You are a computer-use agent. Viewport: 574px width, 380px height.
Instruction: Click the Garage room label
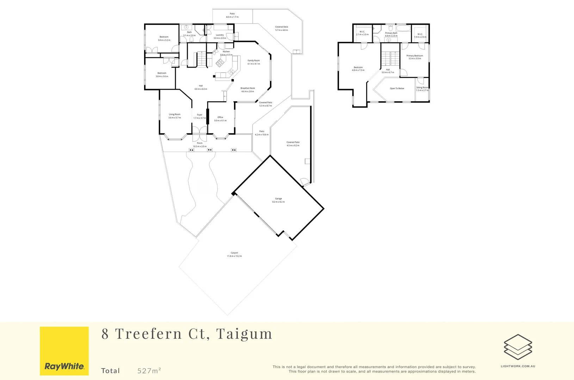pyautogui.click(x=278, y=199)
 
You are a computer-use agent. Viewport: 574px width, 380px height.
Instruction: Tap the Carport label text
pyautogui.click(x=234, y=253)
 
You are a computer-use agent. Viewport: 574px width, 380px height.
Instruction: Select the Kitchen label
pyautogui.click(x=226, y=52)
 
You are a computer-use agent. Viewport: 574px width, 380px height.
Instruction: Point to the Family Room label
pyautogui.click(x=253, y=61)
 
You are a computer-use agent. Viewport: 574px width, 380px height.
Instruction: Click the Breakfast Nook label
pyautogui.click(x=247, y=88)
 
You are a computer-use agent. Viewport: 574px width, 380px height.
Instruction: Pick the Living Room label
pyautogui.click(x=174, y=114)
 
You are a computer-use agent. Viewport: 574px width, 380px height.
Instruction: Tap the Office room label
pyautogui.click(x=220, y=118)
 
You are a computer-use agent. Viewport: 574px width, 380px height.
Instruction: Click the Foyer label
pyautogui.click(x=199, y=115)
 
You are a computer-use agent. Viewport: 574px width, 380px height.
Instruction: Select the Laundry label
pyautogui.click(x=220, y=35)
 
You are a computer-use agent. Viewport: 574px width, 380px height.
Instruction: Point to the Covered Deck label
pyautogui.click(x=282, y=27)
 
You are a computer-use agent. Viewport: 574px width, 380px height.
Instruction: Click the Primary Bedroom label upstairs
pyautogui.click(x=414, y=56)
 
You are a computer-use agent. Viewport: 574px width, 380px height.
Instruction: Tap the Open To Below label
pyautogui.click(x=397, y=89)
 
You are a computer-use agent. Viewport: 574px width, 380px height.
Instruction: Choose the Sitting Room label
pyautogui.click(x=422, y=88)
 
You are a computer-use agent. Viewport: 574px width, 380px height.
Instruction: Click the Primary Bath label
pyautogui.click(x=391, y=33)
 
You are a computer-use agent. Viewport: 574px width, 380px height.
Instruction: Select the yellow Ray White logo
pyautogui.click(x=64, y=351)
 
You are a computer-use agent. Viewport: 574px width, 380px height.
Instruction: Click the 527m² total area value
pyautogui.click(x=149, y=370)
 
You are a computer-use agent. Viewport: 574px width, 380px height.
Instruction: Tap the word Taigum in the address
pyautogui.click(x=244, y=334)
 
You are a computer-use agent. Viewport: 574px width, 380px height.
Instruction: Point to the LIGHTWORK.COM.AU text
pyautogui.click(x=518, y=366)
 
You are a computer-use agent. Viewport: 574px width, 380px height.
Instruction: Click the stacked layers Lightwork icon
pyautogui.click(x=518, y=347)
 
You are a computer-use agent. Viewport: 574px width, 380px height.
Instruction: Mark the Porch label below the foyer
pyautogui.click(x=200, y=143)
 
